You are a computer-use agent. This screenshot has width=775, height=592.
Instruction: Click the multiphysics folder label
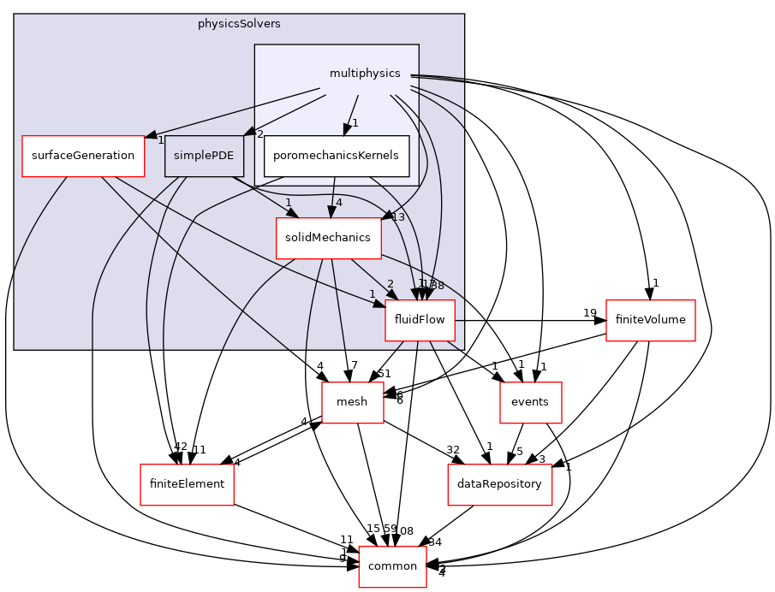coord(365,74)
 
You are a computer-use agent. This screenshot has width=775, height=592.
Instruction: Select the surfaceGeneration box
coord(83,156)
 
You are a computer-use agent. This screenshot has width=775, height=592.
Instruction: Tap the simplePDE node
coord(205,156)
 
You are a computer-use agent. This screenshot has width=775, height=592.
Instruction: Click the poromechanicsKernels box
coord(336,156)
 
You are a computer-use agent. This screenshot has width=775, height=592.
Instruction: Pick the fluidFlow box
coord(420,320)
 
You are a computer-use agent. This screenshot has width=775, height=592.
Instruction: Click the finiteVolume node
coord(650,320)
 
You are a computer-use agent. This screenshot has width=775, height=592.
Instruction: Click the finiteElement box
coord(187,484)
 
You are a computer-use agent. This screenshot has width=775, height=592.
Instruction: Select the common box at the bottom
coord(392,566)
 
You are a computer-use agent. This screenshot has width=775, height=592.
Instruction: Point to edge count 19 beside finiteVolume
coord(590,313)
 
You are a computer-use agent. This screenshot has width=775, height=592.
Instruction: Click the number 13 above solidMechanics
coord(396,217)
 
